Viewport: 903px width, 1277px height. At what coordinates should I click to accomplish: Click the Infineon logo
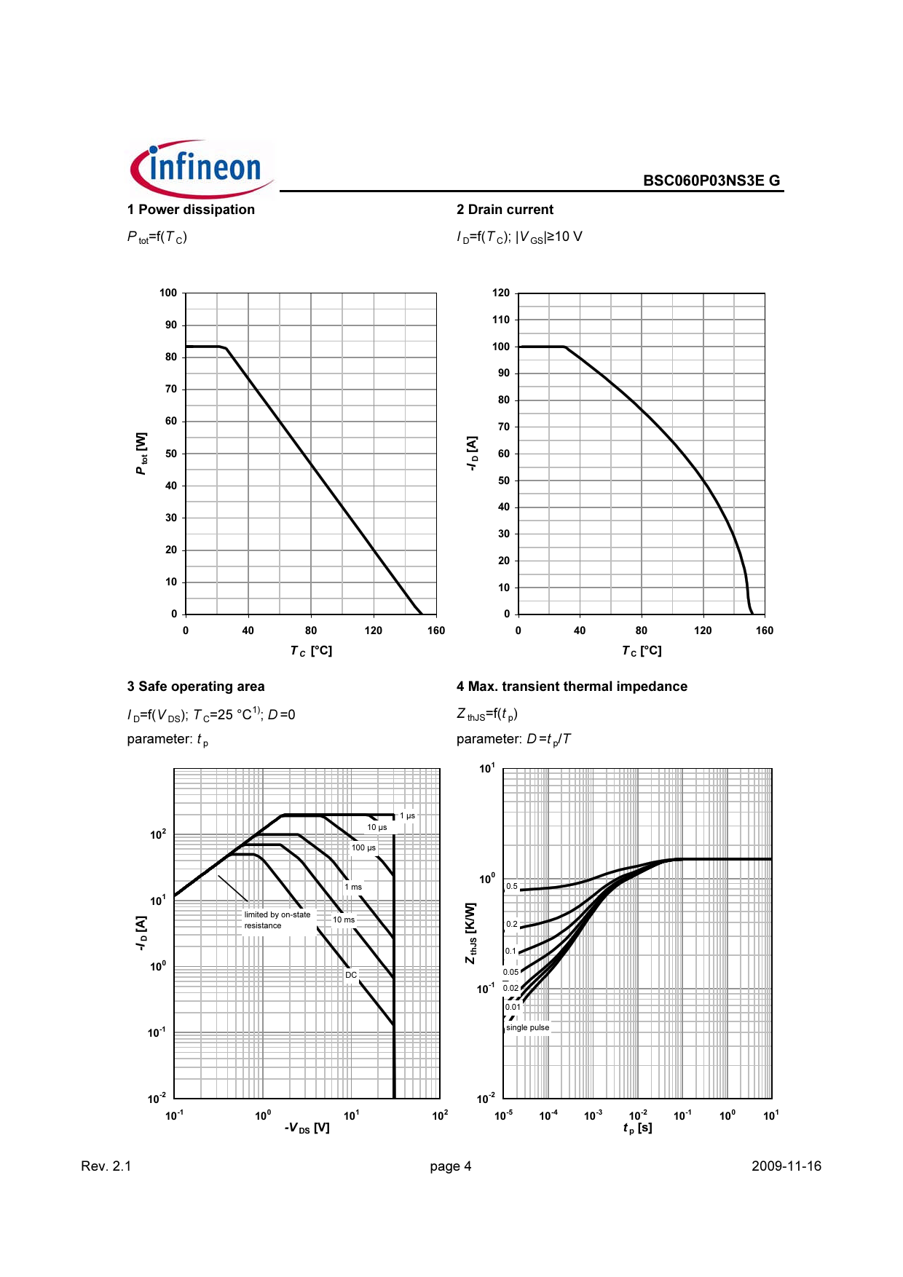[x=202, y=169]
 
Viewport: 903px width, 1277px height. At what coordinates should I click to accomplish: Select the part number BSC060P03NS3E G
[x=711, y=181]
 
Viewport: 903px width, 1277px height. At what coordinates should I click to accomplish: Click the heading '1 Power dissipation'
[x=191, y=210]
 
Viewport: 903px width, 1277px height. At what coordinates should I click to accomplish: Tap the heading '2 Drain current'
[x=505, y=210]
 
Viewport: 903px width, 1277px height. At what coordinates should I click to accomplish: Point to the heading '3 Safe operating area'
[x=196, y=687]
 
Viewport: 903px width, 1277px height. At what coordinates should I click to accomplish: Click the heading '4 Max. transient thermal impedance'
[x=572, y=687]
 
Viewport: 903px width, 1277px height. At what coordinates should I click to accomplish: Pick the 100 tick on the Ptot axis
[x=168, y=293]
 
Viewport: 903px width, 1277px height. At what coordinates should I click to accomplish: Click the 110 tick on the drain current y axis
[x=501, y=320]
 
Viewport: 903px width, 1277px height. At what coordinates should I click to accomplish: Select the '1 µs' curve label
[x=407, y=815]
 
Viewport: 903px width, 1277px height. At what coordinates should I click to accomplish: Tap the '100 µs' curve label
[x=363, y=847]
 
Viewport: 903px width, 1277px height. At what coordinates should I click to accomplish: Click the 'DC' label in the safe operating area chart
[x=351, y=975]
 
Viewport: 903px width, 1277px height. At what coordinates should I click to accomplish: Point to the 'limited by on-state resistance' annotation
[x=277, y=920]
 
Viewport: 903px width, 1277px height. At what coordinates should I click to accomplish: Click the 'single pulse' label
[x=527, y=1027]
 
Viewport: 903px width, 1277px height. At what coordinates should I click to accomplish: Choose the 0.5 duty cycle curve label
[x=512, y=887]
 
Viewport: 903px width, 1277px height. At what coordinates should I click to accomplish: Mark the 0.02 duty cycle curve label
[x=510, y=989]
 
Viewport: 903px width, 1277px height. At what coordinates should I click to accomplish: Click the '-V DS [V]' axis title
[x=307, y=1128]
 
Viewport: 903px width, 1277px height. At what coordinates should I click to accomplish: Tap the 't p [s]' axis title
[x=637, y=1128]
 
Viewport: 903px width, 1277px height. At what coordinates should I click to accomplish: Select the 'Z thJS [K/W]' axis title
[x=471, y=933]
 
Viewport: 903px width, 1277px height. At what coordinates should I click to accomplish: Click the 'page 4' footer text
[x=450, y=1166]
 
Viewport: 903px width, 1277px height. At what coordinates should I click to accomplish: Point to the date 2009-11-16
[x=786, y=1166]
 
